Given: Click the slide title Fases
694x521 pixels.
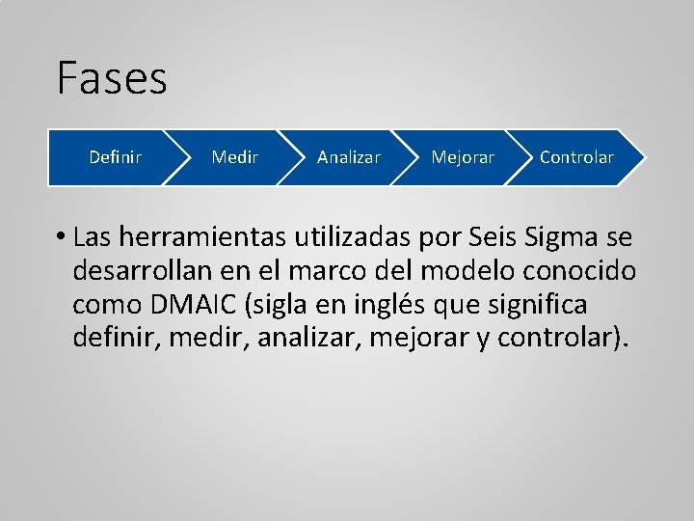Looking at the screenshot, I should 112,78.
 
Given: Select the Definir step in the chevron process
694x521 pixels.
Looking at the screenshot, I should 115,157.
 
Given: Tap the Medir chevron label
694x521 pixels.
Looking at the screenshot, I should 234,157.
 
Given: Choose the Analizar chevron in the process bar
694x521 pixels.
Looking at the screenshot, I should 348,157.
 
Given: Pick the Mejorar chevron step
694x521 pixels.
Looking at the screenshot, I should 463,157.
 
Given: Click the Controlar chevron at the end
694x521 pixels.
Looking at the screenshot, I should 576,157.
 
